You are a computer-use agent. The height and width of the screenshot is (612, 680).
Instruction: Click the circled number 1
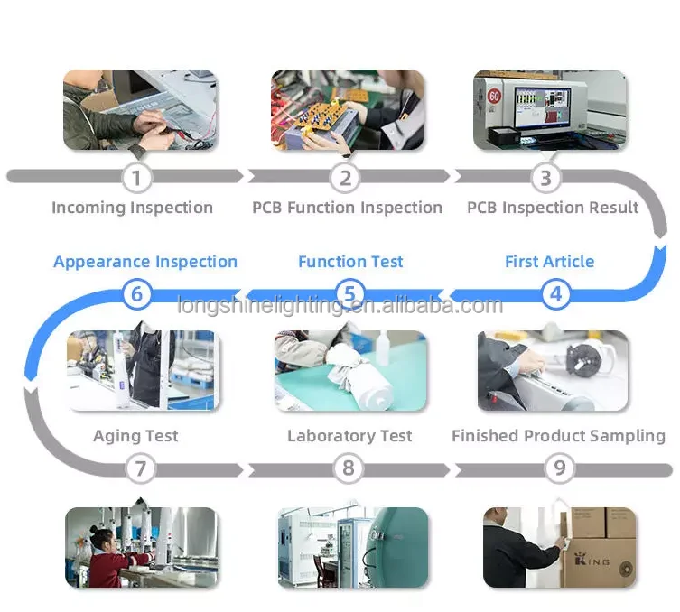135,177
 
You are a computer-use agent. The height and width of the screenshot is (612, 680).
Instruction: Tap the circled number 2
344,177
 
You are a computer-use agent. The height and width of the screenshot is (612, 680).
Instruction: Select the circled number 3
545,177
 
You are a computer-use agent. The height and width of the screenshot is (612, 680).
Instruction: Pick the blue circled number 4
555,294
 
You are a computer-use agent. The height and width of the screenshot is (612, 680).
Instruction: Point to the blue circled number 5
349,294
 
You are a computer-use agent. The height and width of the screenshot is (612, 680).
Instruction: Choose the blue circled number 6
135,294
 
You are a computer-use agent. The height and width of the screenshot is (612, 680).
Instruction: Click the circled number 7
139,468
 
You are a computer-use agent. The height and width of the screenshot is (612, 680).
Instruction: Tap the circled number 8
348,468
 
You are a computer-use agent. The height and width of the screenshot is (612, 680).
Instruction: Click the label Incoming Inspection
132,208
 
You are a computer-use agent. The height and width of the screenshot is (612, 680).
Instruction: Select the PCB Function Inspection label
347,208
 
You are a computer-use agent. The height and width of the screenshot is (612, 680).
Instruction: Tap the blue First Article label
549,262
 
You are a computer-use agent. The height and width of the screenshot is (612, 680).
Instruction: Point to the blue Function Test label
350,262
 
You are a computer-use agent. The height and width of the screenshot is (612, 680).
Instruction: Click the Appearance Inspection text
144,262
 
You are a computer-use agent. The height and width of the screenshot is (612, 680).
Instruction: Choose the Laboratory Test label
349,436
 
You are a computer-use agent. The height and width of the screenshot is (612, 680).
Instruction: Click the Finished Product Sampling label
558,436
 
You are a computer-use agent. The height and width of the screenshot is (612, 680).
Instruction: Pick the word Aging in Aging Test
116,437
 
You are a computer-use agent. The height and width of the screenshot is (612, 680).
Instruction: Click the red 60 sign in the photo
493,95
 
